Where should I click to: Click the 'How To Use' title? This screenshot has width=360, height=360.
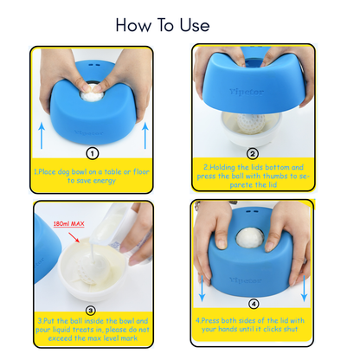(x=164, y=24)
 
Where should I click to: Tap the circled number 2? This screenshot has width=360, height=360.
(x=253, y=152)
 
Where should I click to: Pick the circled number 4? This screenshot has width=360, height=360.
(x=253, y=304)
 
